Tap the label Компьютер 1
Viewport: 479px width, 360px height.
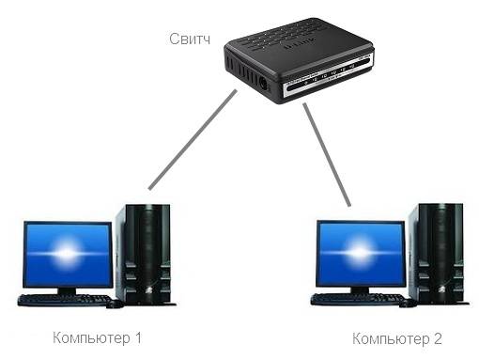pyautogui.click(x=98, y=337)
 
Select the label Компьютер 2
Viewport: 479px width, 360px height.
pyautogui.click(x=396, y=337)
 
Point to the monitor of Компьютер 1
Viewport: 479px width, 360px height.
pyautogui.click(x=67, y=255)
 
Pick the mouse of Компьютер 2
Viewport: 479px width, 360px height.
pyautogui.click(x=409, y=303)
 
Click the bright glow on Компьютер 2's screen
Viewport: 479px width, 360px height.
pyautogui.click(x=359, y=253)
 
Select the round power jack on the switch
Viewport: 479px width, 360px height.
pyautogui.click(x=264, y=83)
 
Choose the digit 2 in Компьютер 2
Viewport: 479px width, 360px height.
pyautogui.click(x=437, y=337)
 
